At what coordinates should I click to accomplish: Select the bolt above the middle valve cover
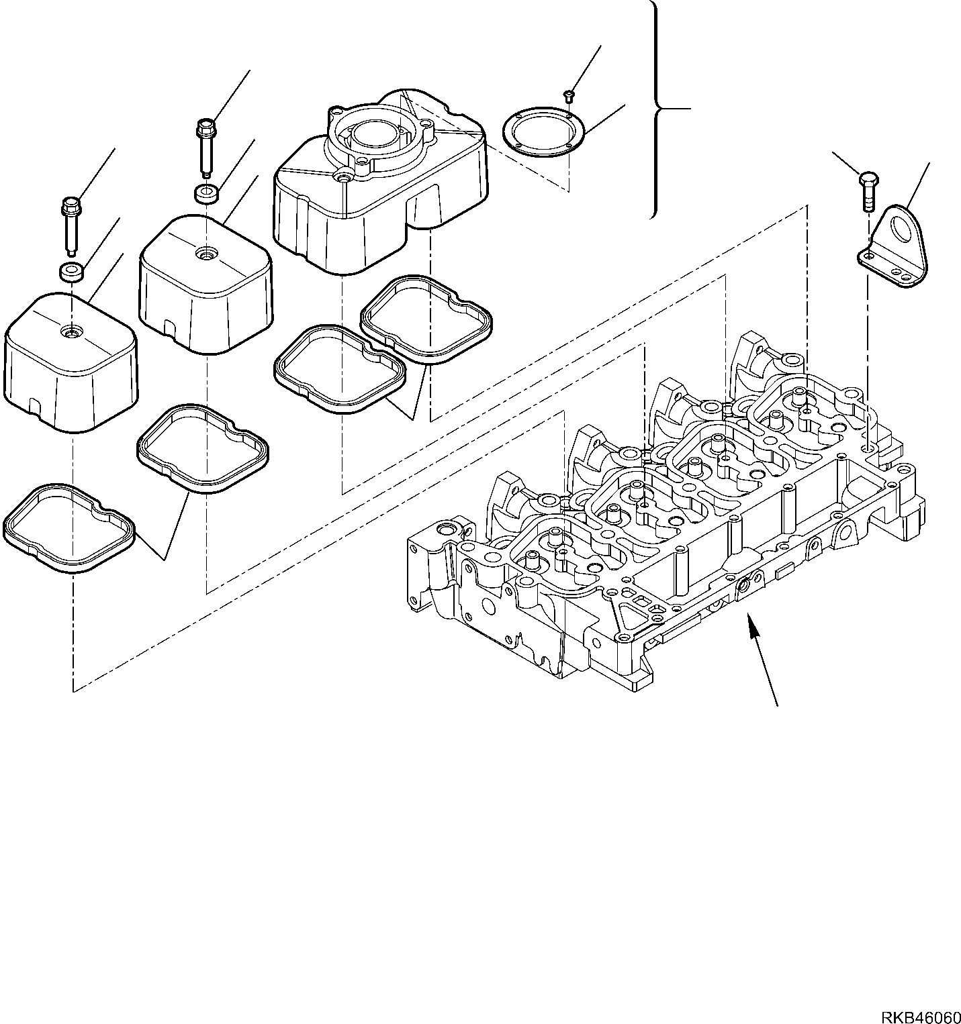click(x=204, y=149)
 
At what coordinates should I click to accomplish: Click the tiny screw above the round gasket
click(x=568, y=95)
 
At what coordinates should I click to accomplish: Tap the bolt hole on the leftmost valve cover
click(x=70, y=331)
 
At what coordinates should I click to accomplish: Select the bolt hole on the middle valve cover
click(x=204, y=253)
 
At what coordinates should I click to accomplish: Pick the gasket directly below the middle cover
click(x=203, y=449)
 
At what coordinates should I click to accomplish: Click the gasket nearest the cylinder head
click(x=428, y=319)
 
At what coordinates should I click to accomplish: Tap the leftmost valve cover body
click(x=71, y=362)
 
